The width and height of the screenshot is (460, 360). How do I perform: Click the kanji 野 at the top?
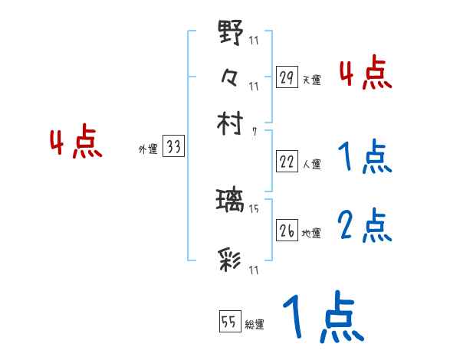coord(231,34)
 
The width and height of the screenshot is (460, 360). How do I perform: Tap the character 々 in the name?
coord(231,77)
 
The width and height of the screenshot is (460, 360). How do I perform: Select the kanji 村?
coord(231,122)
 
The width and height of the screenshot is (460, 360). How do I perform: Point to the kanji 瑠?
coord(231,201)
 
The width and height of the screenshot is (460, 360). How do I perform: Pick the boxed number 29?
coord(286,77)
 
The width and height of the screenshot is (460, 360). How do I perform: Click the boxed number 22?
coord(286,162)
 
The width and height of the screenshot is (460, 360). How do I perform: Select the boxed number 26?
coord(286,231)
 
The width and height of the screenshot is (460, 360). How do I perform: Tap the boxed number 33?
coord(173,148)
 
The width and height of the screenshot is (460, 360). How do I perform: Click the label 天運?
coord(311,80)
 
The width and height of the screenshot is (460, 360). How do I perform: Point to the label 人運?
coord(311,164)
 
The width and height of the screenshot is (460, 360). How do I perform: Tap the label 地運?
coord(311,233)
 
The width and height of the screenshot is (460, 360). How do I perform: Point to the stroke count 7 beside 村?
coord(255,131)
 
